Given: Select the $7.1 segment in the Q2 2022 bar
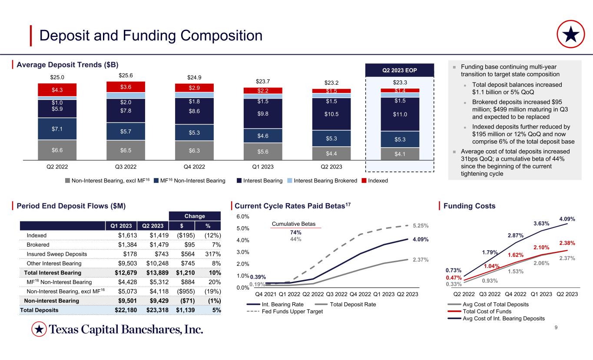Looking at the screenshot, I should point(57,129).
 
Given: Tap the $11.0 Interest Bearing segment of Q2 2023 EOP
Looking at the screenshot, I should point(400,114).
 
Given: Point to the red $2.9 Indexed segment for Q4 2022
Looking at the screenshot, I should point(195,88).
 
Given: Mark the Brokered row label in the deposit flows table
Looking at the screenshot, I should point(37,244).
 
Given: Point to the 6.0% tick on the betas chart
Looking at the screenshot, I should point(243,216).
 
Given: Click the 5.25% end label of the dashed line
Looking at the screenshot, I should point(420,226).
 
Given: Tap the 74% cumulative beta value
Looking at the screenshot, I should point(295,232).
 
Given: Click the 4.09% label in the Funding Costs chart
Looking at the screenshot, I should point(567,219).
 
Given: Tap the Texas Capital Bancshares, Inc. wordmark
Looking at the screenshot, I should point(126,330).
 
